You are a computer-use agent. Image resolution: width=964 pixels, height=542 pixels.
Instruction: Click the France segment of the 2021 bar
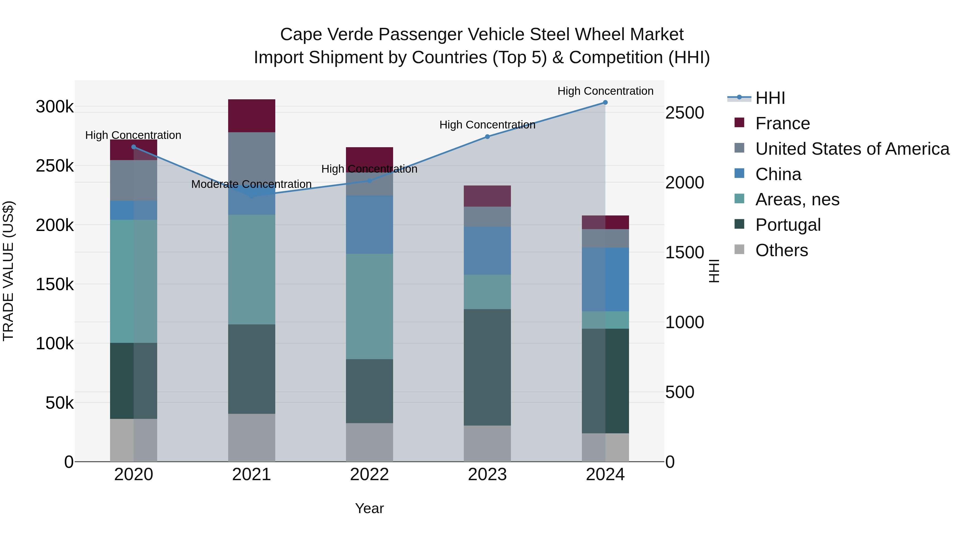pyautogui.click(x=251, y=116)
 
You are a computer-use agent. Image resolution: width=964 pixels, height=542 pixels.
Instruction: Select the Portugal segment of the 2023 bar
pyautogui.click(x=487, y=367)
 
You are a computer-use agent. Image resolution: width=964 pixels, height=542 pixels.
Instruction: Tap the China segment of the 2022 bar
pyautogui.click(x=369, y=225)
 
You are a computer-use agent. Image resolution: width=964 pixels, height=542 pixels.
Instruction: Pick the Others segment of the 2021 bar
pyautogui.click(x=251, y=437)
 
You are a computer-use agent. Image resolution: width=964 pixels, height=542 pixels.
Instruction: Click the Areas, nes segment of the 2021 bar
pyautogui.click(x=251, y=269)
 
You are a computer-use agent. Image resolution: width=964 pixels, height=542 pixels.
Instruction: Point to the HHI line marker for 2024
pyautogui.click(x=605, y=103)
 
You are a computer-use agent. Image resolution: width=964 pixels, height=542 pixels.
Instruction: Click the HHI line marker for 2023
pyautogui.click(x=487, y=137)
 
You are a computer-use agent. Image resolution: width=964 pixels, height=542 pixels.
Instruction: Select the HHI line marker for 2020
pyautogui.click(x=134, y=147)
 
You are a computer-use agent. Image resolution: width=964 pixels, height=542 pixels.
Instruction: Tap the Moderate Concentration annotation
pyautogui.click(x=251, y=184)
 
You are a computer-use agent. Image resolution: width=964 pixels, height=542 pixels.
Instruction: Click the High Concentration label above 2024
pyautogui.click(x=605, y=91)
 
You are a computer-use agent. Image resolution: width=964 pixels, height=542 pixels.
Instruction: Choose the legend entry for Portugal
pyautogui.click(x=788, y=225)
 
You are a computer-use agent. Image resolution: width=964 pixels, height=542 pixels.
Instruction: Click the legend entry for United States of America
pyautogui.click(x=852, y=149)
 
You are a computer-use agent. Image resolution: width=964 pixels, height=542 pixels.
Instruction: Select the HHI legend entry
pyautogui.click(x=770, y=98)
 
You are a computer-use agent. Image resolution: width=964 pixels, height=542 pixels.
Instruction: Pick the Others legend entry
pyautogui.click(x=781, y=250)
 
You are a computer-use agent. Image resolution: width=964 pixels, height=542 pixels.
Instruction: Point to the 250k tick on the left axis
pyautogui.click(x=55, y=166)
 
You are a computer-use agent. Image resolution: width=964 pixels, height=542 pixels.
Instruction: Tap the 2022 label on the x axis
pyautogui.click(x=369, y=475)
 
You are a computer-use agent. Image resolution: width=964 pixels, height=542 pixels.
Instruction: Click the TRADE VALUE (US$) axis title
pyautogui.click(x=8, y=271)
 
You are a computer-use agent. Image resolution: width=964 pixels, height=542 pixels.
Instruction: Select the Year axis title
pyautogui.click(x=369, y=508)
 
